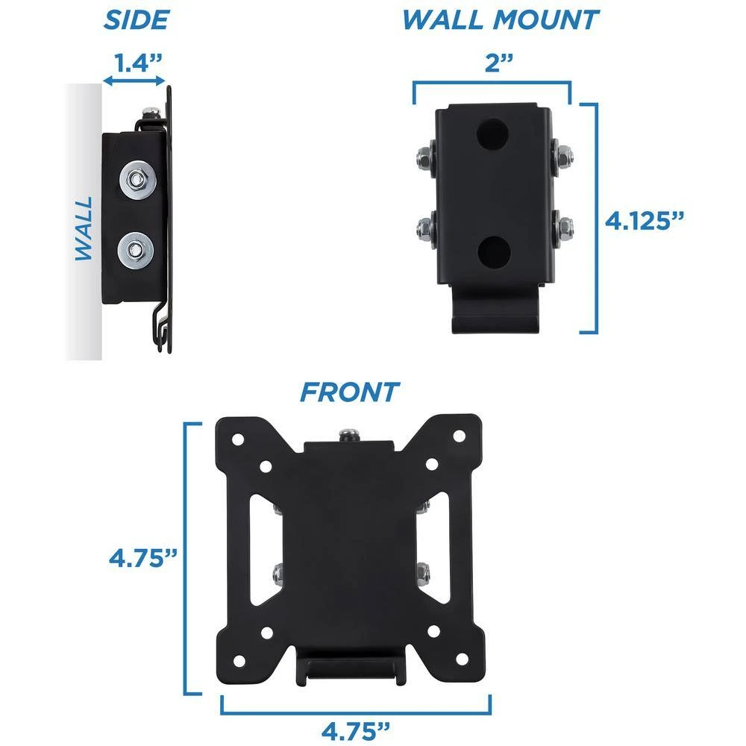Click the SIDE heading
pyautogui.click(x=137, y=20)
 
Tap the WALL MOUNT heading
pyautogui.click(x=501, y=20)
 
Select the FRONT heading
pyautogui.click(x=350, y=392)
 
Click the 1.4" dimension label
pyautogui.click(x=139, y=63)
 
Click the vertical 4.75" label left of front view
pyautogui.click(x=143, y=557)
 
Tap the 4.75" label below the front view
pyautogui.click(x=356, y=731)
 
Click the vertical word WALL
pyautogui.click(x=84, y=229)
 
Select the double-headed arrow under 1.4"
pyautogui.click(x=134, y=81)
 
